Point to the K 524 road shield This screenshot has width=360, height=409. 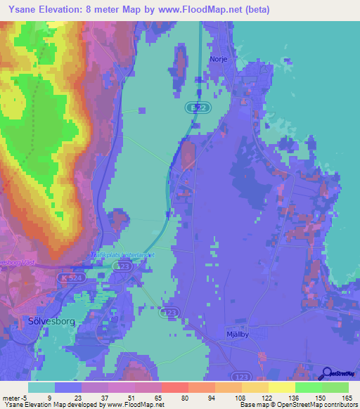click(x=67, y=279)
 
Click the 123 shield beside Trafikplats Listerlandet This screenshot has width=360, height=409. click(x=124, y=268)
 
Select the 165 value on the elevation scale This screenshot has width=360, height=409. click(x=347, y=397)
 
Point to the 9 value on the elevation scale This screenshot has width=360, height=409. click(x=49, y=397)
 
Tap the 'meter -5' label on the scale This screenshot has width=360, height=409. click(x=15, y=397)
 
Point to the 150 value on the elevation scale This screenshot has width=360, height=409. click(x=320, y=397)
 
